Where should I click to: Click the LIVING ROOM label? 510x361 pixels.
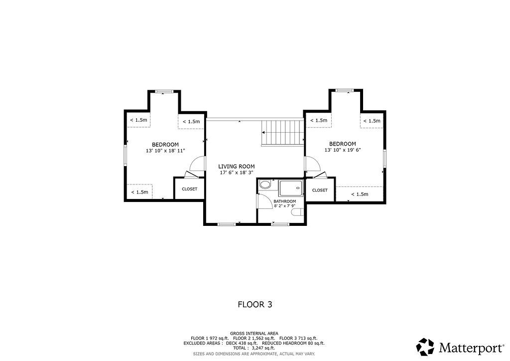click(237, 167)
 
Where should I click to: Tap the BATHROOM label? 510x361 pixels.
click(284, 201)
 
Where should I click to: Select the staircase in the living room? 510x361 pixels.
click(282, 133)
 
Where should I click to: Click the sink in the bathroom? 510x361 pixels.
click(265, 185)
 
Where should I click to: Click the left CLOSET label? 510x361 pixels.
click(190, 189)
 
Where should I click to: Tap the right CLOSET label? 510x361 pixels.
click(320, 190)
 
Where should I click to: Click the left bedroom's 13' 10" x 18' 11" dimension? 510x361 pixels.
click(165, 151)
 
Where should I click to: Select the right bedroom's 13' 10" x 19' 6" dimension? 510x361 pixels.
click(343, 150)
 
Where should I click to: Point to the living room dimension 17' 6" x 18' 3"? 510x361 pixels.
click(237, 173)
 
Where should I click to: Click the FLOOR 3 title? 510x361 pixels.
click(255, 304)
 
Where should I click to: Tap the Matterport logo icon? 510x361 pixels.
click(425, 347)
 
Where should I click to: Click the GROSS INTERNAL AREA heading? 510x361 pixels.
click(254, 334)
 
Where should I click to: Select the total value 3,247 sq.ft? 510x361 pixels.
click(260, 348)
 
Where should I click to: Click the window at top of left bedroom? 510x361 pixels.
click(164, 91)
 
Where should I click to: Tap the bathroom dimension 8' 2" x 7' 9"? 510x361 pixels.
click(284, 206)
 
